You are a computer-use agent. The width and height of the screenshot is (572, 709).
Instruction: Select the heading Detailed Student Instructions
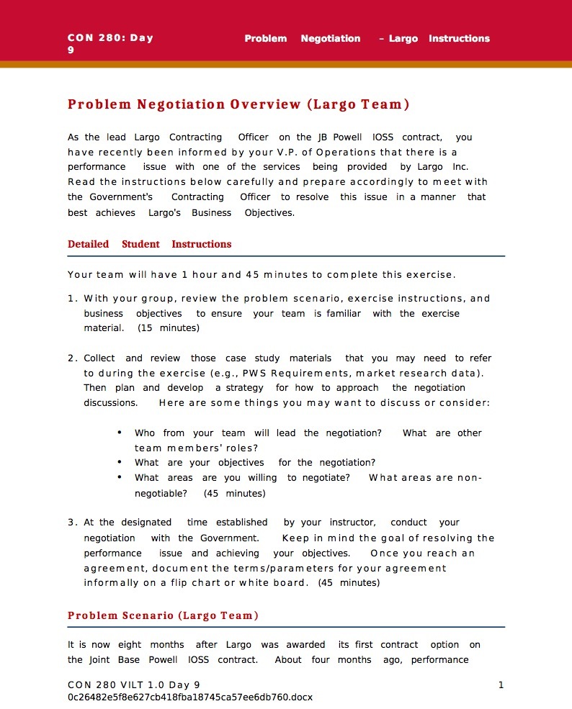149,244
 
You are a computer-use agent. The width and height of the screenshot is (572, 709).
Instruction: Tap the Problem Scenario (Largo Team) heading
163,615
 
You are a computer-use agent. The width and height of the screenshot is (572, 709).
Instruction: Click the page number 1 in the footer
501,685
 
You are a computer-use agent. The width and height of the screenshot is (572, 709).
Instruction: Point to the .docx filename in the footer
190,697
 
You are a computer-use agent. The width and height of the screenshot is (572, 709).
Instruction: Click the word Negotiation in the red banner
330,39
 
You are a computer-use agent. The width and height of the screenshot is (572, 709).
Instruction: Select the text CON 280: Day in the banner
110,39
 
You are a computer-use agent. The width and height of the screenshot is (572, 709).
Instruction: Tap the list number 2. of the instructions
73,358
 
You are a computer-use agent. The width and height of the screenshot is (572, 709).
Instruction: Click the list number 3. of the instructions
73,523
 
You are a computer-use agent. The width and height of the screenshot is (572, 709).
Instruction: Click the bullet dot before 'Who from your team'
119,433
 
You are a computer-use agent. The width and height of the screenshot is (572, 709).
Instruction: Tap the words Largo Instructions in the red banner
439,39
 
